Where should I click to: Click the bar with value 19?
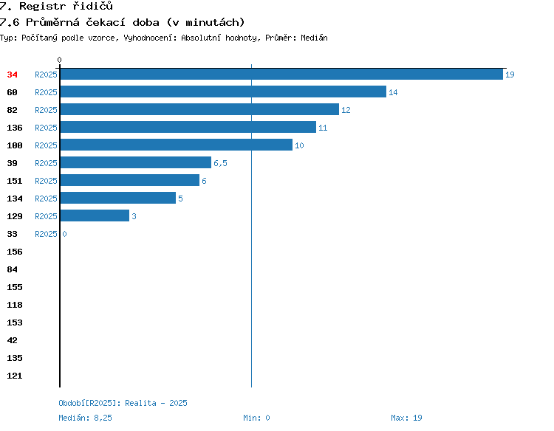pyautogui.click(x=281, y=75)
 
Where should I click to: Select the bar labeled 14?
pyautogui.click(x=223, y=92)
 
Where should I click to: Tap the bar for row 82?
pyautogui.click(x=199, y=109)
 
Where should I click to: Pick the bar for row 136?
pyautogui.click(x=188, y=127)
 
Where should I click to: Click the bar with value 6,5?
pyautogui.click(x=136, y=162)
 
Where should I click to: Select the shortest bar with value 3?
pyautogui.click(x=95, y=215)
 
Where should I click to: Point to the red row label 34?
pyautogui.click(x=12, y=75)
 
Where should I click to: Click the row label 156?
pyautogui.click(x=15, y=252)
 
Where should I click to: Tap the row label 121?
pyautogui.click(x=15, y=376)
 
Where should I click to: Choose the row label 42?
pyautogui.click(x=12, y=341)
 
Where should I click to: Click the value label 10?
pyautogui.click(x=299, y=145)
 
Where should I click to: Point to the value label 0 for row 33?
pyautogui.click(x=64, y=234)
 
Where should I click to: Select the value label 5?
pyautogui.click(x=180, y=199)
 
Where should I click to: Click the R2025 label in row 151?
pyautogui.click(x=46, y=181)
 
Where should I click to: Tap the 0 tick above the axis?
pyautogui.click(x=59, y=60)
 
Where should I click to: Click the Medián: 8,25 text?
pyautogui.click(x=85, y=418)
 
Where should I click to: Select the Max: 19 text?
pyautogui.click(x=406, y=418)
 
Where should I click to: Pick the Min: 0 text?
pyautogui.click(x=256, y=418)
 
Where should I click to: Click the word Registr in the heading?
pyautogui.click(x=42, y=6)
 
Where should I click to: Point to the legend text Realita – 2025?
pyautogui.click(x=156, y=403)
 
